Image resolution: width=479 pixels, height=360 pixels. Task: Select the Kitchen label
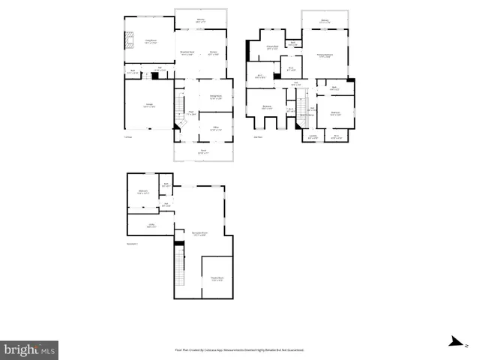point(214,52)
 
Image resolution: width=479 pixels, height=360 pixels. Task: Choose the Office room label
point(215,129)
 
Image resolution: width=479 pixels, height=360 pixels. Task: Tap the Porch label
point(202,153)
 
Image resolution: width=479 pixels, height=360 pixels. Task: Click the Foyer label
point(191,113)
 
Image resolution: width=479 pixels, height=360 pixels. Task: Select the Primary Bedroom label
point(325,55)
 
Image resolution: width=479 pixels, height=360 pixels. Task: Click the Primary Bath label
point(273,48)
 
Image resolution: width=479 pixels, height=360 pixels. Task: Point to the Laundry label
point(313,137)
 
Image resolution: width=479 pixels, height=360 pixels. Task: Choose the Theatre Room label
point(217,279)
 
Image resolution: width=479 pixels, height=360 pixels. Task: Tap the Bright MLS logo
point(30,349)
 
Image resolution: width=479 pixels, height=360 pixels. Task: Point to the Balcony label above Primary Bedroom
point(325,21)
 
